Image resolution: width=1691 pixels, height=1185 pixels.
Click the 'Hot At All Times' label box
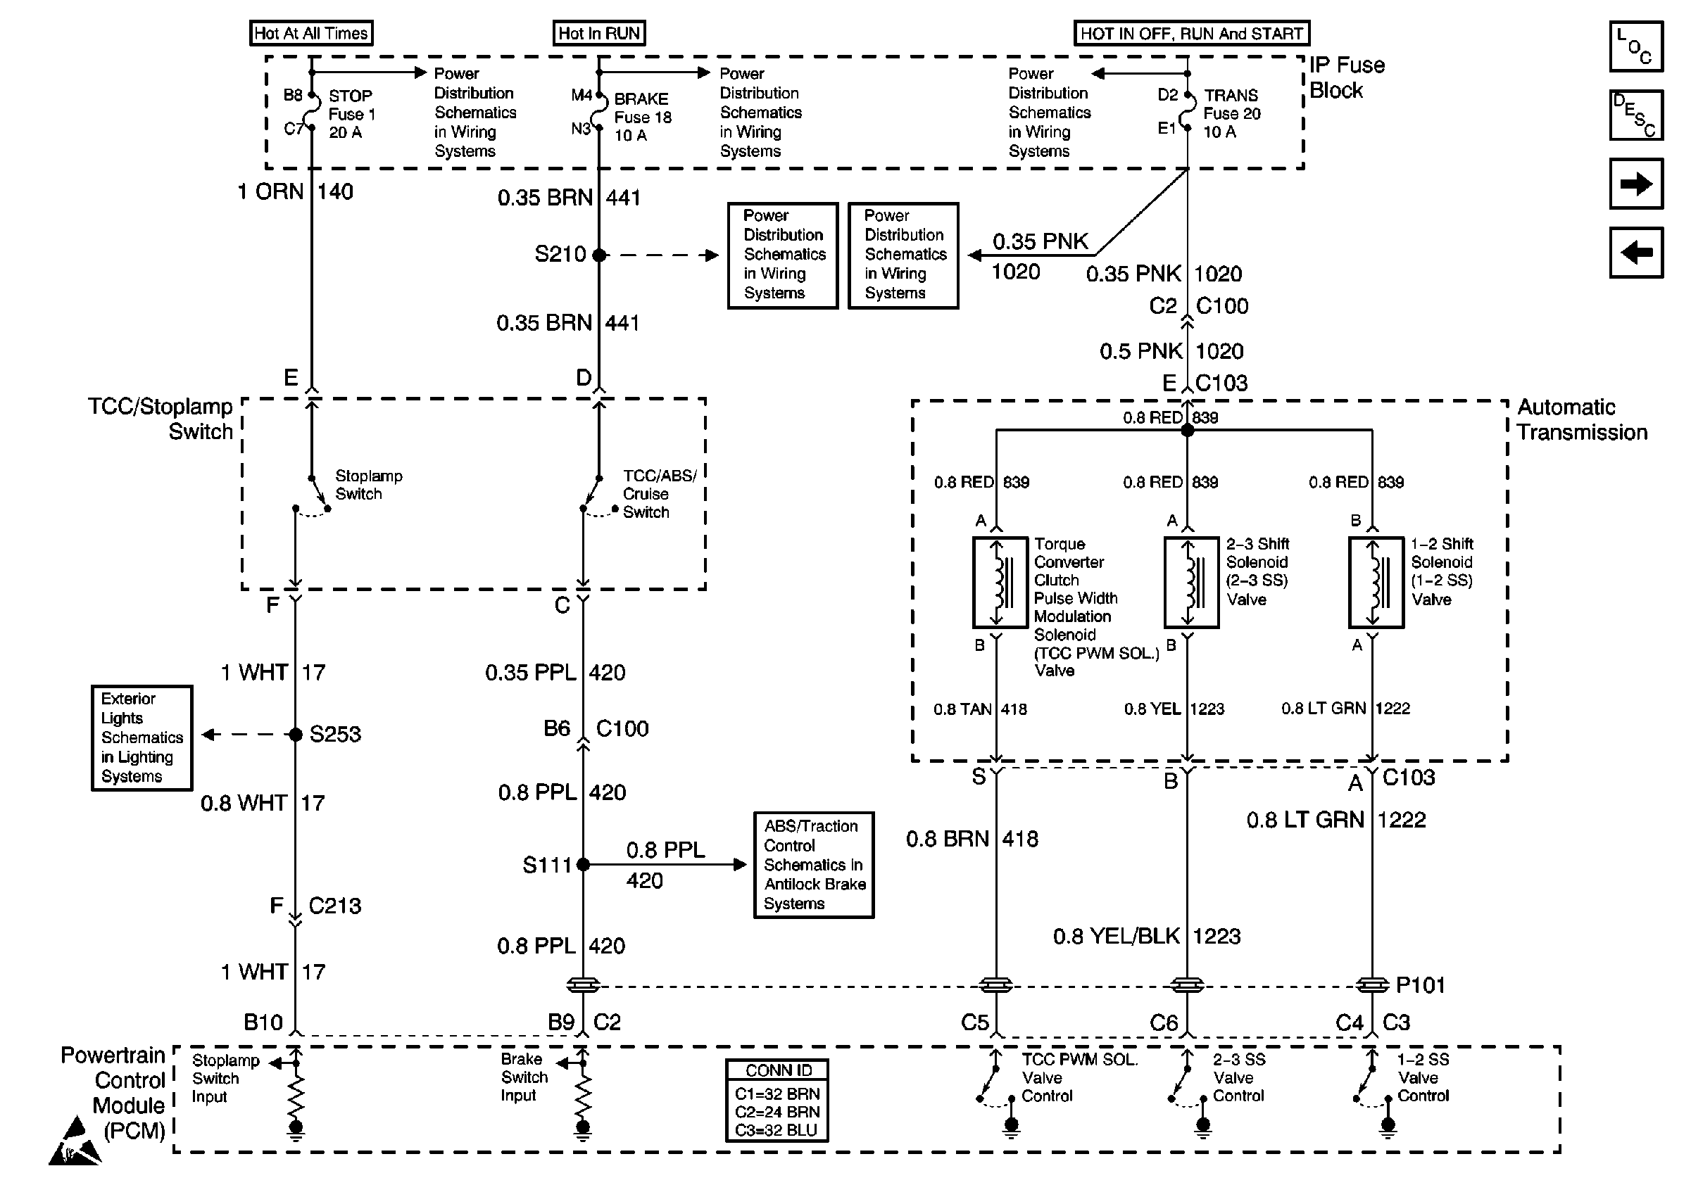pos(310,33)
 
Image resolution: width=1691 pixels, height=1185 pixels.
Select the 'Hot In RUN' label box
pos(599,33)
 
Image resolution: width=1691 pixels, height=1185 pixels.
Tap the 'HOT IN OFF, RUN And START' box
pos(1192,33)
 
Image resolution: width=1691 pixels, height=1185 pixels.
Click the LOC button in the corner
pos(1636,46)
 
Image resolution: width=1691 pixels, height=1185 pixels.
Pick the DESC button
pos(1636,115)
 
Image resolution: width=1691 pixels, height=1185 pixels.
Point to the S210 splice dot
pos(599,255)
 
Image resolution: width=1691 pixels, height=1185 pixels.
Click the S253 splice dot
pos(296,734)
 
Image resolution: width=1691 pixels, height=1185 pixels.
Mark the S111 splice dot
pos(583,864)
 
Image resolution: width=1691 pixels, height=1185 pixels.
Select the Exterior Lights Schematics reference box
pos(142,737)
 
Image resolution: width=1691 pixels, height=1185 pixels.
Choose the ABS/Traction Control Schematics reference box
pos(814,865)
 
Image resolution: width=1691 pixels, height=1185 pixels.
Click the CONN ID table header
pos(777,1070)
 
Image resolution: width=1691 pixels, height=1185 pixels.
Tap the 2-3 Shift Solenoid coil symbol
pos(1191,582)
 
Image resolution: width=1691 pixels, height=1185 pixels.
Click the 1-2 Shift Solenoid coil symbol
pos(1376,582)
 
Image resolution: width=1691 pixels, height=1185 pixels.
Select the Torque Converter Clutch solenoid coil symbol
pos(1000,582)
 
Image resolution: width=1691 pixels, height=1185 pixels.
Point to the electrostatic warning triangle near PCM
pos(75,1141)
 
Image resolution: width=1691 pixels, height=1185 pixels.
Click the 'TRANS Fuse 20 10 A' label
pos(1231,113)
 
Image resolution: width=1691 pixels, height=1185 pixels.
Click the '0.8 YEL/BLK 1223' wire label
pos(1147,936)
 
